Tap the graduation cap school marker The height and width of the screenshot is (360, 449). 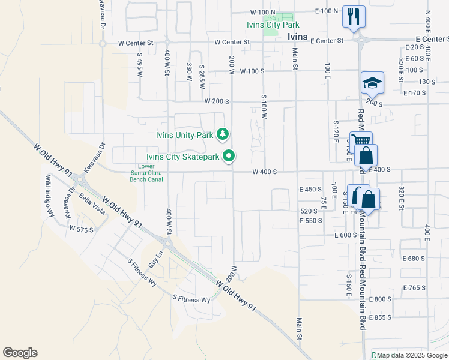click(x=372, y=82)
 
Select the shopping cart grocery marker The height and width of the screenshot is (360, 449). click(x=361, y=142)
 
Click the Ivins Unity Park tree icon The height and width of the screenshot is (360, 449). click(x=223, y=134)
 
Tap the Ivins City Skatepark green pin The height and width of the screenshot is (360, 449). click(x=229, y=157)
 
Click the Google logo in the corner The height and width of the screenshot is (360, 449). click(x=20, y=352)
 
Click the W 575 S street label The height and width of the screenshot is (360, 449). click(x=82, y=229)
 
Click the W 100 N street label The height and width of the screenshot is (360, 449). click(x=262, y=12)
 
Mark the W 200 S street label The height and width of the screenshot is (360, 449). click(x=217, y=101)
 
